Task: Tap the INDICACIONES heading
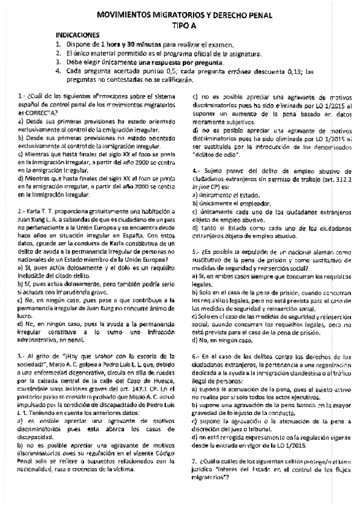(x=76, y=36)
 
